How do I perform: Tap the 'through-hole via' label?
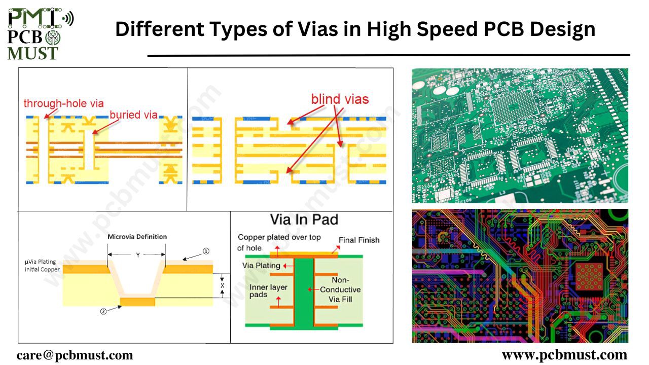[63, 103]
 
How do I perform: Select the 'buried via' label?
[133, 115]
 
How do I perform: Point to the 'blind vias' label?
[340, 99]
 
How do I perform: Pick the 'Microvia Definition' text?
[137, 237]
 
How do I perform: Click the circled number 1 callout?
[206, 251]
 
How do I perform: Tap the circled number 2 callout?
[103, 312]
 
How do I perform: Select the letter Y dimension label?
[137, 255]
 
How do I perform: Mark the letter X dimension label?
[222, 286]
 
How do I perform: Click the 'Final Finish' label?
[359, 240]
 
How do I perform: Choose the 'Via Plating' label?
[261, 265]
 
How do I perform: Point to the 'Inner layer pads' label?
[268, 291]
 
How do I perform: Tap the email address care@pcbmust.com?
[75, 355]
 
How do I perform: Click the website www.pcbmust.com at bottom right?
[564, 354]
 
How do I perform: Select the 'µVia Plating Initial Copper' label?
[42, 266]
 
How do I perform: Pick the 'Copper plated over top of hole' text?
[279, 242]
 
